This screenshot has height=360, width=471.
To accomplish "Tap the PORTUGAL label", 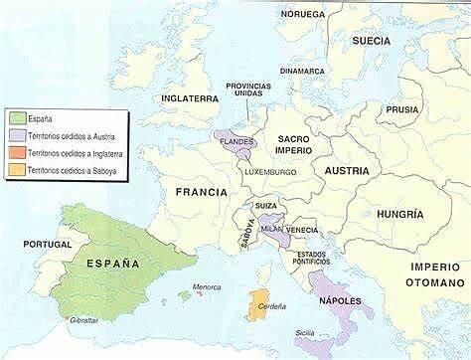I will tap(47, 244).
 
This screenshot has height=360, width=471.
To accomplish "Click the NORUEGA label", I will tap(302, 15).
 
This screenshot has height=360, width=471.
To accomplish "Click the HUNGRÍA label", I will tap(400, 214).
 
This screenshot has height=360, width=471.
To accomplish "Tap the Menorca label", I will tap(206, 286).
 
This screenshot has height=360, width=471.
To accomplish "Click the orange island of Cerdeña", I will tap(258, 303).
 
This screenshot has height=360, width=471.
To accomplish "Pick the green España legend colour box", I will tap(16, 115).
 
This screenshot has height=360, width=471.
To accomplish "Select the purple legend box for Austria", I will tap(16, 134).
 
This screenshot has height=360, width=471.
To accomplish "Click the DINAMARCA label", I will tap(302, 71).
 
